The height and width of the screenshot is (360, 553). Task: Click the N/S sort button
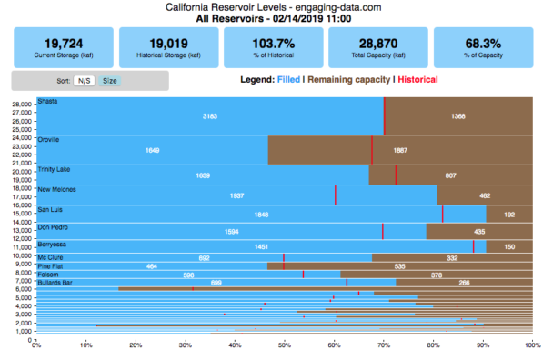83,81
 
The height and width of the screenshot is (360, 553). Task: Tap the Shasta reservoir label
46,102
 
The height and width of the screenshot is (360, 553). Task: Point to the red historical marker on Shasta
384,115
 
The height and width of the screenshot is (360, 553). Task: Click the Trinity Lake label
54,168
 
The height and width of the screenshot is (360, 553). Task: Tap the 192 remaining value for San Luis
509,215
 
